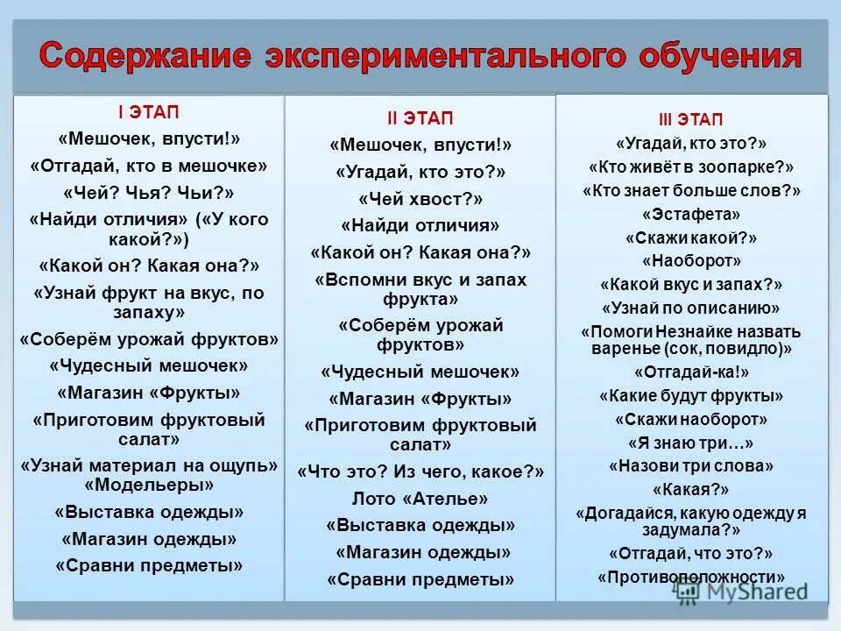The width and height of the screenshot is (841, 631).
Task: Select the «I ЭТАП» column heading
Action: coord(149,112)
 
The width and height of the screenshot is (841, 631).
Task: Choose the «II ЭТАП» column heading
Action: coord(420,118)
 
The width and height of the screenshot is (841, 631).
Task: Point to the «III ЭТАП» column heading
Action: coord(691,119)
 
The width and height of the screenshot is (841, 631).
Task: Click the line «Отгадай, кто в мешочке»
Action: coord(149,166)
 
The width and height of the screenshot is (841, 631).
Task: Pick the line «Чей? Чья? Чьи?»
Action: coord(149,192)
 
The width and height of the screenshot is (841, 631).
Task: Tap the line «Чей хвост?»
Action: coord(420,198)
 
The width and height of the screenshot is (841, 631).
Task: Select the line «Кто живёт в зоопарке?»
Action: coord(691,167)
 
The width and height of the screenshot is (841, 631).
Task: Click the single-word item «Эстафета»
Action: coord(691,214)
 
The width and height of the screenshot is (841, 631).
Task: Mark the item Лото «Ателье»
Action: coord(420,499)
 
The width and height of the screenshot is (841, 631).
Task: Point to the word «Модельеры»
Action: coord(149,484)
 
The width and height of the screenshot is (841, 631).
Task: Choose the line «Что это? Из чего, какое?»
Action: coord(420,471)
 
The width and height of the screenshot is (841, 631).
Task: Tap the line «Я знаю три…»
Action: coord(691,443)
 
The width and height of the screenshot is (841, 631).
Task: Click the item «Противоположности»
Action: coord(691,577)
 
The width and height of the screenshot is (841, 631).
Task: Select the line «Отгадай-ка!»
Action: coord(691,372)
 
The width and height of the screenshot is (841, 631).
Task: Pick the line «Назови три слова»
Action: coord(691,465)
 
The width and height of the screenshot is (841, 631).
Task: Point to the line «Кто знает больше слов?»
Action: coord(691,190)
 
